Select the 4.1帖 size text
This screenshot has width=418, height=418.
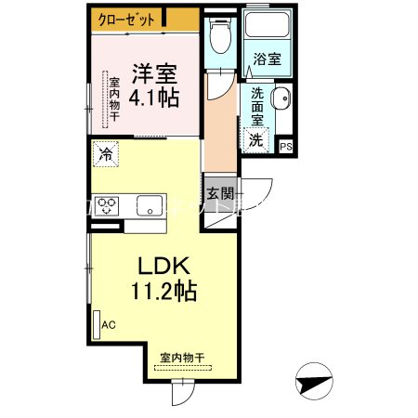(153, 95)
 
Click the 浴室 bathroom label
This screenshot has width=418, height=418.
(268, 59)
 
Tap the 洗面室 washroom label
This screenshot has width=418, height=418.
(255, 107)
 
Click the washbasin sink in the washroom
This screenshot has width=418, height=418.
(282, 102)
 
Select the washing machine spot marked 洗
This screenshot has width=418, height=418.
(255, 139)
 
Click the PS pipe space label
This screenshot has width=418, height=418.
(285, 146)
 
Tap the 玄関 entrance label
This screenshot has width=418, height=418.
(219, 193)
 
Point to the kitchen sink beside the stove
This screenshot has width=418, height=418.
(149, 205)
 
